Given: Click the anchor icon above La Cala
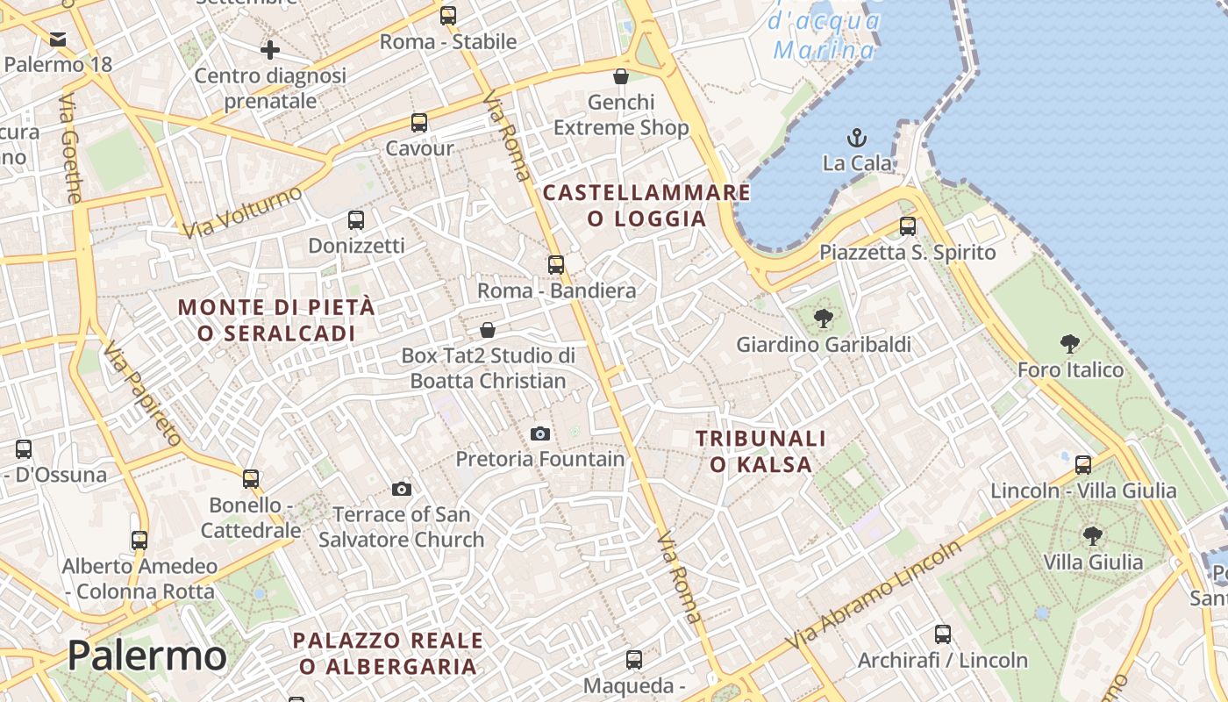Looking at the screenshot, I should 856,138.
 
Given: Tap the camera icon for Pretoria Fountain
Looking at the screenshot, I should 540,433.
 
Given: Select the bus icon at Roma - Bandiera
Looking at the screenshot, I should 555,264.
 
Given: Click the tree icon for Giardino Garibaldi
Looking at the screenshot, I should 823,319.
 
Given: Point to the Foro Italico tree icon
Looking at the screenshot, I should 1069,343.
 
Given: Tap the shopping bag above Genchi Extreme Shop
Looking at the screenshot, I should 621,76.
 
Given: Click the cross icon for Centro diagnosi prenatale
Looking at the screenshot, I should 270,50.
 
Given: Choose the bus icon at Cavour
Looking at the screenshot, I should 419,123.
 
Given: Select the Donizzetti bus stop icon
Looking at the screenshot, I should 355,220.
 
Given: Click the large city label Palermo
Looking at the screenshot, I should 146,656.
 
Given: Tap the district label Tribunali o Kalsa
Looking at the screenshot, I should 761,451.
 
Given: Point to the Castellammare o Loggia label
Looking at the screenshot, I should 646,205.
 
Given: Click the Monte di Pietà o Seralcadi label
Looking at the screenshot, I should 276,320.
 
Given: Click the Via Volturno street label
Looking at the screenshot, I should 243,212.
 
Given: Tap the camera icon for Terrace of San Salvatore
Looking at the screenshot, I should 402,489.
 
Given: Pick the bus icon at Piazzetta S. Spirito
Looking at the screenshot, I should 907,226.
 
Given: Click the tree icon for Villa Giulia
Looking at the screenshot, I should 1092,535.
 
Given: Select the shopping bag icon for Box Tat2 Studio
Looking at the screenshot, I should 488,330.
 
